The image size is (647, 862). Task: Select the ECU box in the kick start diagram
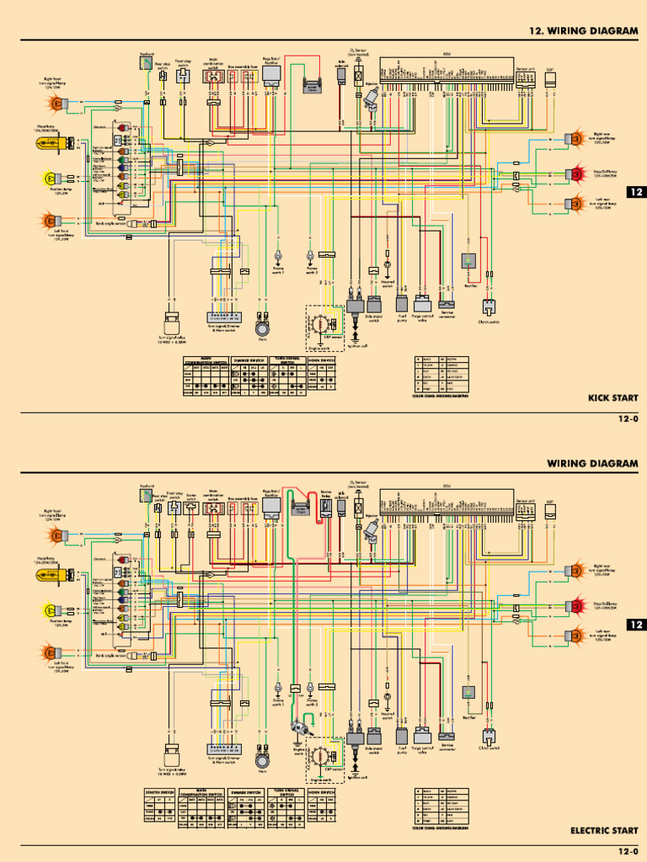446,68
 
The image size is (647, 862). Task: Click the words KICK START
613,397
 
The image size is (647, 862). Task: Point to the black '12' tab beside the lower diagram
636,625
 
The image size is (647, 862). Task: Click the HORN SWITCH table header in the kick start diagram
322,359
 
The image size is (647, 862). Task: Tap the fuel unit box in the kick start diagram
147,61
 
